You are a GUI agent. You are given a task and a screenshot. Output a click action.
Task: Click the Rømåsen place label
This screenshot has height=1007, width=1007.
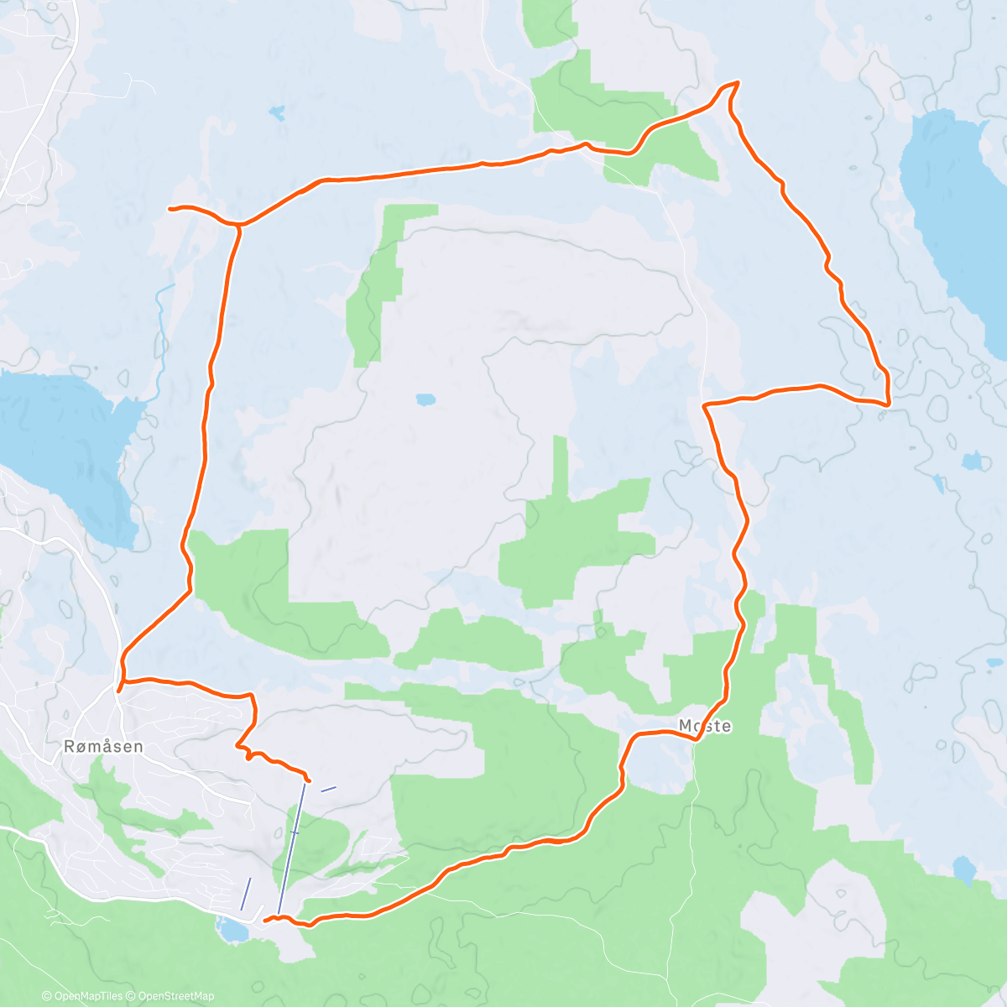[x=103, y=746]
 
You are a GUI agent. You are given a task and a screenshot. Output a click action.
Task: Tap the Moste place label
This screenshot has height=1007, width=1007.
[x=705, y=726]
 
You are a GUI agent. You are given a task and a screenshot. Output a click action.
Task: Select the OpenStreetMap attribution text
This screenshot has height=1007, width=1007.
[x=175, y=996]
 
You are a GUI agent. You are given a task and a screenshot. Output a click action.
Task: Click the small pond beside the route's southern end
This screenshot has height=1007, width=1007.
[x=232, y=930]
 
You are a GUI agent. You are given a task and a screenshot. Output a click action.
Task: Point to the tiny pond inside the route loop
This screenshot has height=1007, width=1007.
[x=425, y=399]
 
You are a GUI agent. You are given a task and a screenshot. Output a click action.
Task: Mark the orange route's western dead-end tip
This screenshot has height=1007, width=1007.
[x=170, y=208]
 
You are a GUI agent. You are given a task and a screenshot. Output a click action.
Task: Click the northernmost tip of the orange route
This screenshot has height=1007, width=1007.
[x=737, y=82]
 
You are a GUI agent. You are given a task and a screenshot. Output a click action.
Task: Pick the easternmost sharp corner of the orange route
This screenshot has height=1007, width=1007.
[x=888, y=404]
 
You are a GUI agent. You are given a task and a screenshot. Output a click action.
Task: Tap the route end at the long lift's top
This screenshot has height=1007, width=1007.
[x=309, y=780]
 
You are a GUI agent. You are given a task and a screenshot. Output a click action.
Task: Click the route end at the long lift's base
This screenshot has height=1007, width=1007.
[x=266, y=920]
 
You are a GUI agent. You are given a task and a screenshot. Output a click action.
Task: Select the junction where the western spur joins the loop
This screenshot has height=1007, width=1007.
[x=239, y=225]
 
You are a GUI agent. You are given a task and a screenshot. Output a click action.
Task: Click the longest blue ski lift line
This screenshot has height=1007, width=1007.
[x=290, y=848]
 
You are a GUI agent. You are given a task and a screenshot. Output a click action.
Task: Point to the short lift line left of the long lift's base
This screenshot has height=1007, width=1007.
[x=246, y=893]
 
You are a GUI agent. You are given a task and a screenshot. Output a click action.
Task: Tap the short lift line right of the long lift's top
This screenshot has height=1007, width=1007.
[x=328, y=789]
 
